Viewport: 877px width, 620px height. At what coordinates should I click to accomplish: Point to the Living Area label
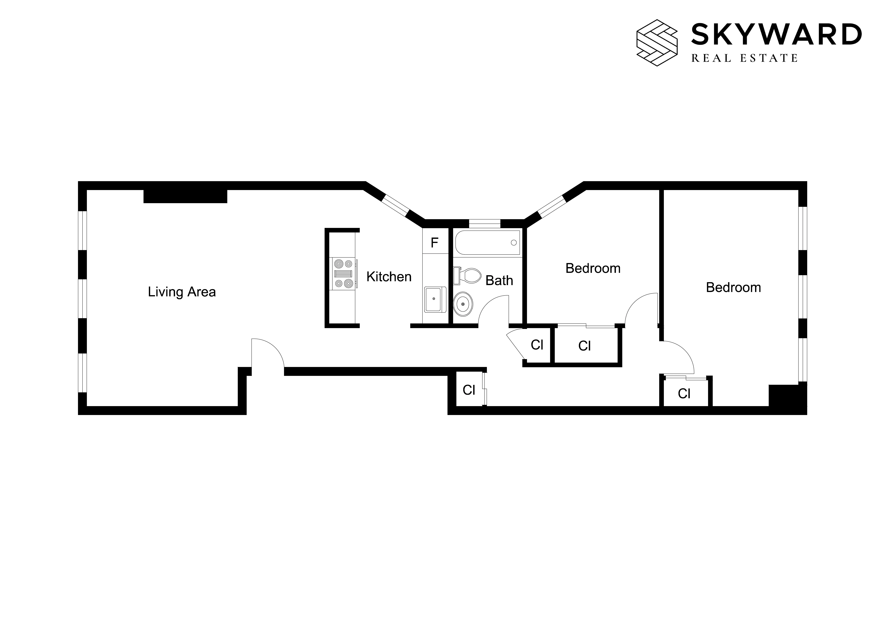click(x=182, y=292)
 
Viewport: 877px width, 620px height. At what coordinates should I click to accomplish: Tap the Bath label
click(x=499, y=281)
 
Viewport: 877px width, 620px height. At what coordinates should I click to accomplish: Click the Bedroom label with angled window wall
click(x=593, y=268)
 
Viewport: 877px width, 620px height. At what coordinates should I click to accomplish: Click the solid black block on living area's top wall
click(x=185, y=196)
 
